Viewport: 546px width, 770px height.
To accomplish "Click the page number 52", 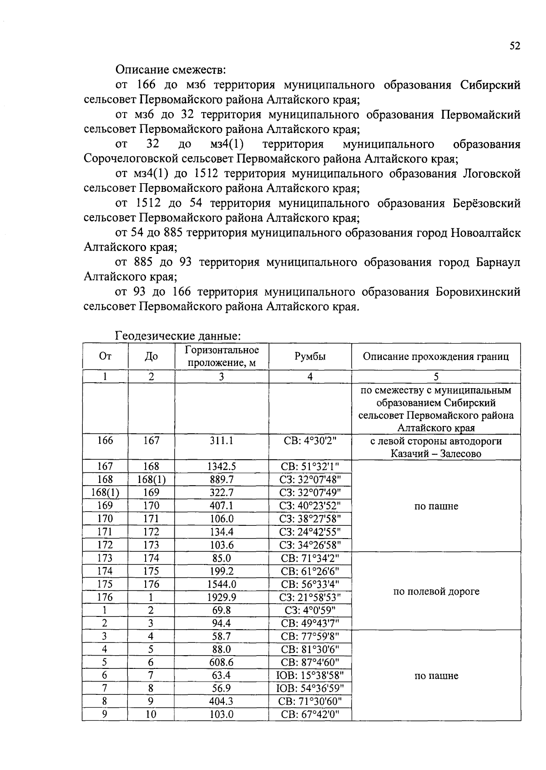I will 515,46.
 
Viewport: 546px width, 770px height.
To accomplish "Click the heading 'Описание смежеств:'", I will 171,70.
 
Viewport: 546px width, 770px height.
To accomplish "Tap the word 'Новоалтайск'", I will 485,233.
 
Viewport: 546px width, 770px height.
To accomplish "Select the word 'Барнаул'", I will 498,262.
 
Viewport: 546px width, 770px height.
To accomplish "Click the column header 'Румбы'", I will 310,356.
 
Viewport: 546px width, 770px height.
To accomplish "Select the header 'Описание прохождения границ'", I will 435,356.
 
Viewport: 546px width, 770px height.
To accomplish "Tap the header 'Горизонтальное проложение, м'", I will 222,356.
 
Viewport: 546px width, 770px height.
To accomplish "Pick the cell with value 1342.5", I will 221,466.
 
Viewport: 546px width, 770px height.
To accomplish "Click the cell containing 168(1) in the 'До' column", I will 151,479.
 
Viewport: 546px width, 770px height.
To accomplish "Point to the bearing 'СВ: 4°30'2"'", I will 310,441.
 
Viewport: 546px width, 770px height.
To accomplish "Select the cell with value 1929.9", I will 221,597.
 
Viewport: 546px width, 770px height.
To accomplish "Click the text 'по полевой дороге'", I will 436,591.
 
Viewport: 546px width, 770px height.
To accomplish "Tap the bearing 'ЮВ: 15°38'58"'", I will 310,675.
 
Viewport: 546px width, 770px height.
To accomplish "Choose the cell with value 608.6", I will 221,662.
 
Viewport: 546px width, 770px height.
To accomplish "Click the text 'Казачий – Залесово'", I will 435,454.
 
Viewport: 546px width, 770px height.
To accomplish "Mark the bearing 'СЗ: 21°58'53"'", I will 310,597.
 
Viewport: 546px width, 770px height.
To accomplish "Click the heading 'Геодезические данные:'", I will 178,336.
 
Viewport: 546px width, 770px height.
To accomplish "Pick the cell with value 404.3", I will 221,701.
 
